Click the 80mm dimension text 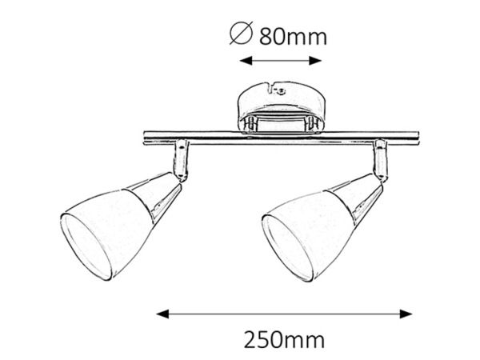294,37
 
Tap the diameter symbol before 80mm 242,34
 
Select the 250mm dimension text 284,340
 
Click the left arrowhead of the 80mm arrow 246,61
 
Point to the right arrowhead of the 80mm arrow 315,61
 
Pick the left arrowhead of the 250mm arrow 162,314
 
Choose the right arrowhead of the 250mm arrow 406,314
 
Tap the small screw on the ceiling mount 281,91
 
